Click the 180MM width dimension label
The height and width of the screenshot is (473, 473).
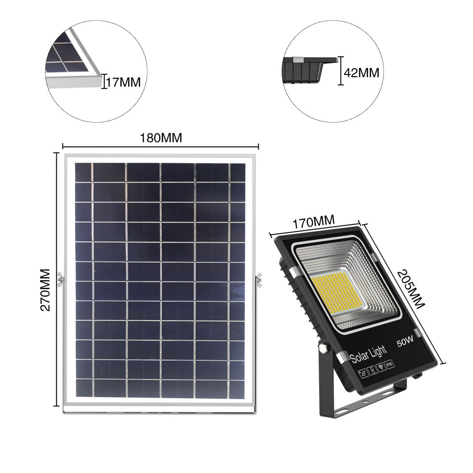161,138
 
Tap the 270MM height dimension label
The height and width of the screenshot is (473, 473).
46,290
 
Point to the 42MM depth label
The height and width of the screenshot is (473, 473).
361,73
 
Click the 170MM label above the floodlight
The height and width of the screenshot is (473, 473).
314,222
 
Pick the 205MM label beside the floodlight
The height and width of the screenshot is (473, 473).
410,289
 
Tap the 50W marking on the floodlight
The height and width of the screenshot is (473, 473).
405,341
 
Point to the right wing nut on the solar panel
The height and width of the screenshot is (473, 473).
259,280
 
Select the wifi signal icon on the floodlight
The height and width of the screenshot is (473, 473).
382,366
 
